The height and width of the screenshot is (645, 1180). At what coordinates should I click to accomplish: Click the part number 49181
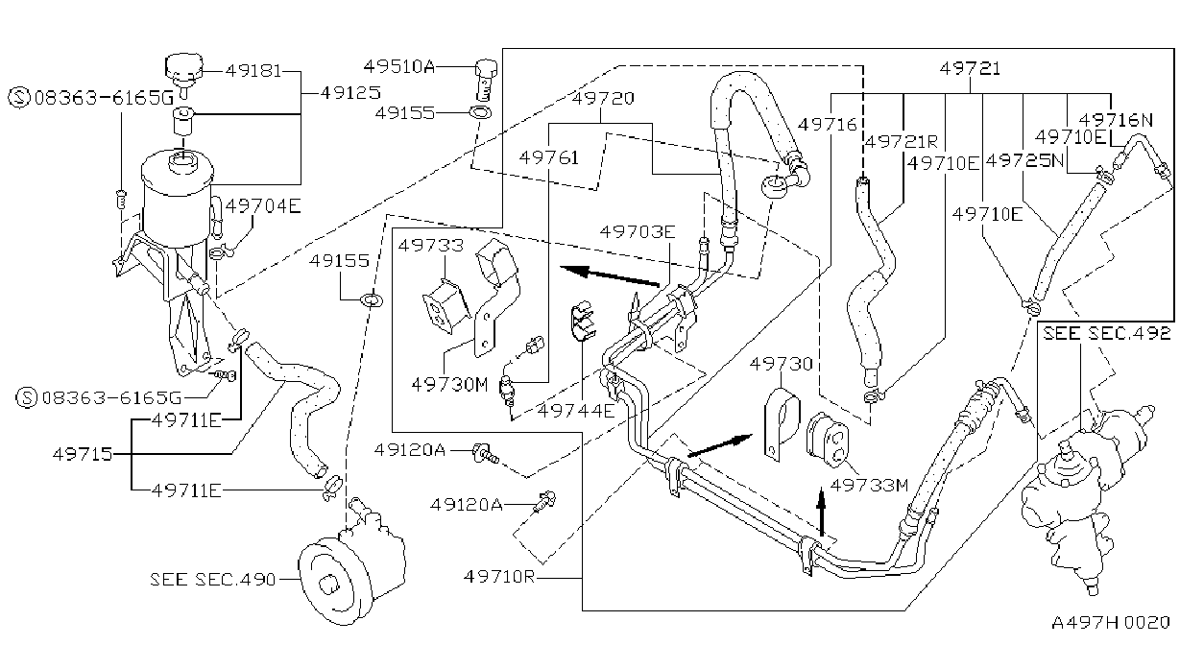pyautogui.click(x=253, y=71)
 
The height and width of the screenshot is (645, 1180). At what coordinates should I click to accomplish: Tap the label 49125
pyautogui.click(x=350, y=93)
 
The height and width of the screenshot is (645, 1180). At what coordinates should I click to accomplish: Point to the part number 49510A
pyautogui.click(x=398, y=66)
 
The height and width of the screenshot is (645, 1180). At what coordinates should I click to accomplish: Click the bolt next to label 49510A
pyautogui.click(x=486, y=80)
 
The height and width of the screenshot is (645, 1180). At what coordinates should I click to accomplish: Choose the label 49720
pyautogui.click(x=603, y=98)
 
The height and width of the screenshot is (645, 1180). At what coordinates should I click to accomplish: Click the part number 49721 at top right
pyautogui.click(x=970, y=68)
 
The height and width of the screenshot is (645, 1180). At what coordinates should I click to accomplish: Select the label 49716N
pyautogui.click(x=1116, y=120)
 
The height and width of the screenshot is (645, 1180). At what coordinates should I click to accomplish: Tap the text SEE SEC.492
pyautogui.click(x=1106, y=333)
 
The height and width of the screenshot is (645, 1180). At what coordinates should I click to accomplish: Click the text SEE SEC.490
pyautogui.click(x=212, y=579)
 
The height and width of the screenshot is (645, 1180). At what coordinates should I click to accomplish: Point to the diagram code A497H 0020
pyautogui.click(x=1111, y=623)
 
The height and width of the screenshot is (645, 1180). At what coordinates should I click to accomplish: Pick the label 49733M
pyautogui.click(x=869, y=485)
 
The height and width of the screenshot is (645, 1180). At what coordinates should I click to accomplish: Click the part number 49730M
pyautogui.click(x=449, y=384)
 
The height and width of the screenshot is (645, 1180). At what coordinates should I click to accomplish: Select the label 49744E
pyautogui.click(x=576, y=410)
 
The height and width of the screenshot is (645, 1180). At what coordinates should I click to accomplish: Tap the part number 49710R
pyautogui.click(x=499, y=577)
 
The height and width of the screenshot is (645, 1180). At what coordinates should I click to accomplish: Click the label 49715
pyautogui.click(x=83, y=454)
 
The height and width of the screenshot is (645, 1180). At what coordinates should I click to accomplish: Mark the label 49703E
pyautogui.click(x=638, y=231)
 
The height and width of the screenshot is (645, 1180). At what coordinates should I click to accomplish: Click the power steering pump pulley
pyautogui.click(x=330, y=581)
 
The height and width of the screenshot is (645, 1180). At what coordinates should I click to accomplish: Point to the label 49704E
pyautogui.click(x=263, y=205)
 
